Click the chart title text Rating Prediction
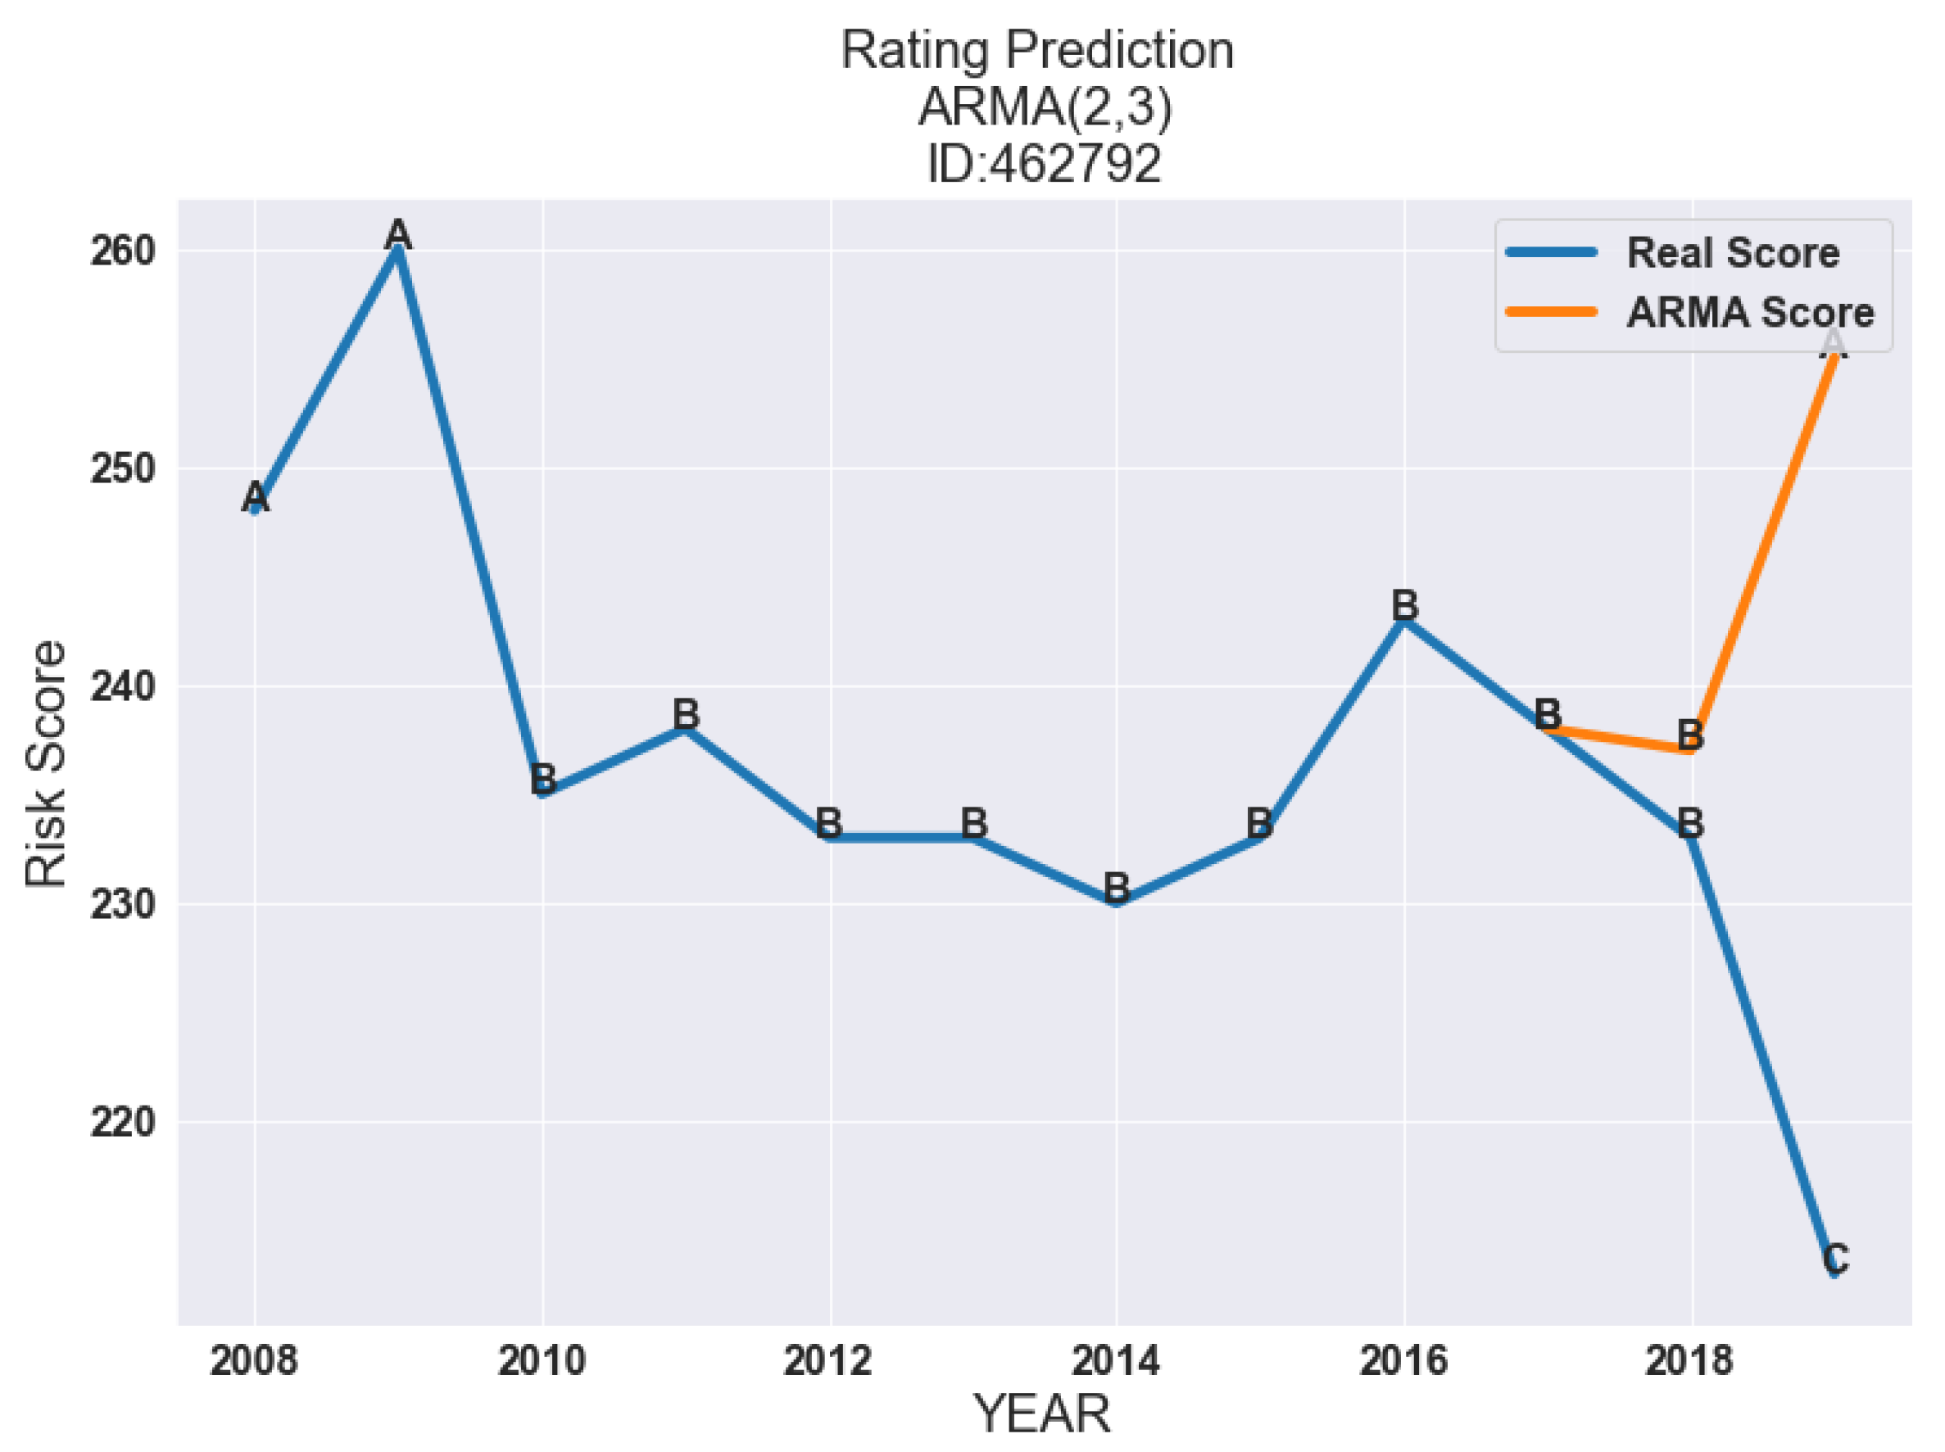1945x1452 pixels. (1036, 50)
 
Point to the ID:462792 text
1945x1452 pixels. (1044, 165)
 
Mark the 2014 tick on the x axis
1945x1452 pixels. (1115, 1361)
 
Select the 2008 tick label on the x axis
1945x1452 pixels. (254, 1361)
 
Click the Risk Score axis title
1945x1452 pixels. (46, 764)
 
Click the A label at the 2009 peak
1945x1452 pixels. (398, 235)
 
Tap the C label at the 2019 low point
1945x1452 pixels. (1835, 1259)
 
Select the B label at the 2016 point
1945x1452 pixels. (1404, 605)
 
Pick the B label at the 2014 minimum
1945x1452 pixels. (1116, 888)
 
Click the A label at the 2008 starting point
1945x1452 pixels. (255, 496)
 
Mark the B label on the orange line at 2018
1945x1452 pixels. (1690, 735)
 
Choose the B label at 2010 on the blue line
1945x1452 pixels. (542, 779)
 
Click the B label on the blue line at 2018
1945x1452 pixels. (1690, 824)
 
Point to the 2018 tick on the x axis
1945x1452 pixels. (1689, 1361)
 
